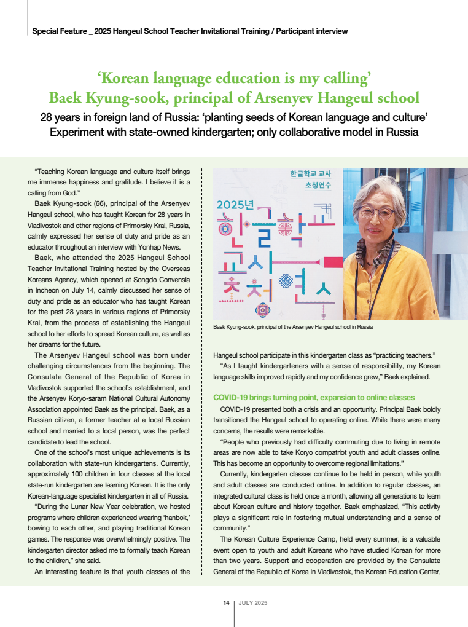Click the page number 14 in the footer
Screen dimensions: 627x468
click(x=226, y=603)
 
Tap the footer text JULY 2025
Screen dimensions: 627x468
click(x=253, y=603)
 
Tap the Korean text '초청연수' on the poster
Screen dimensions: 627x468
click(x=305, y=185)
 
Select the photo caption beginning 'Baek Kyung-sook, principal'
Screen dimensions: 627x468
click(x=293, y=327)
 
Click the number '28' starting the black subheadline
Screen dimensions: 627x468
click(x=47, y=117)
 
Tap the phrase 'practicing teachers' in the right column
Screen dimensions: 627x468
click(x=398, y=355)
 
